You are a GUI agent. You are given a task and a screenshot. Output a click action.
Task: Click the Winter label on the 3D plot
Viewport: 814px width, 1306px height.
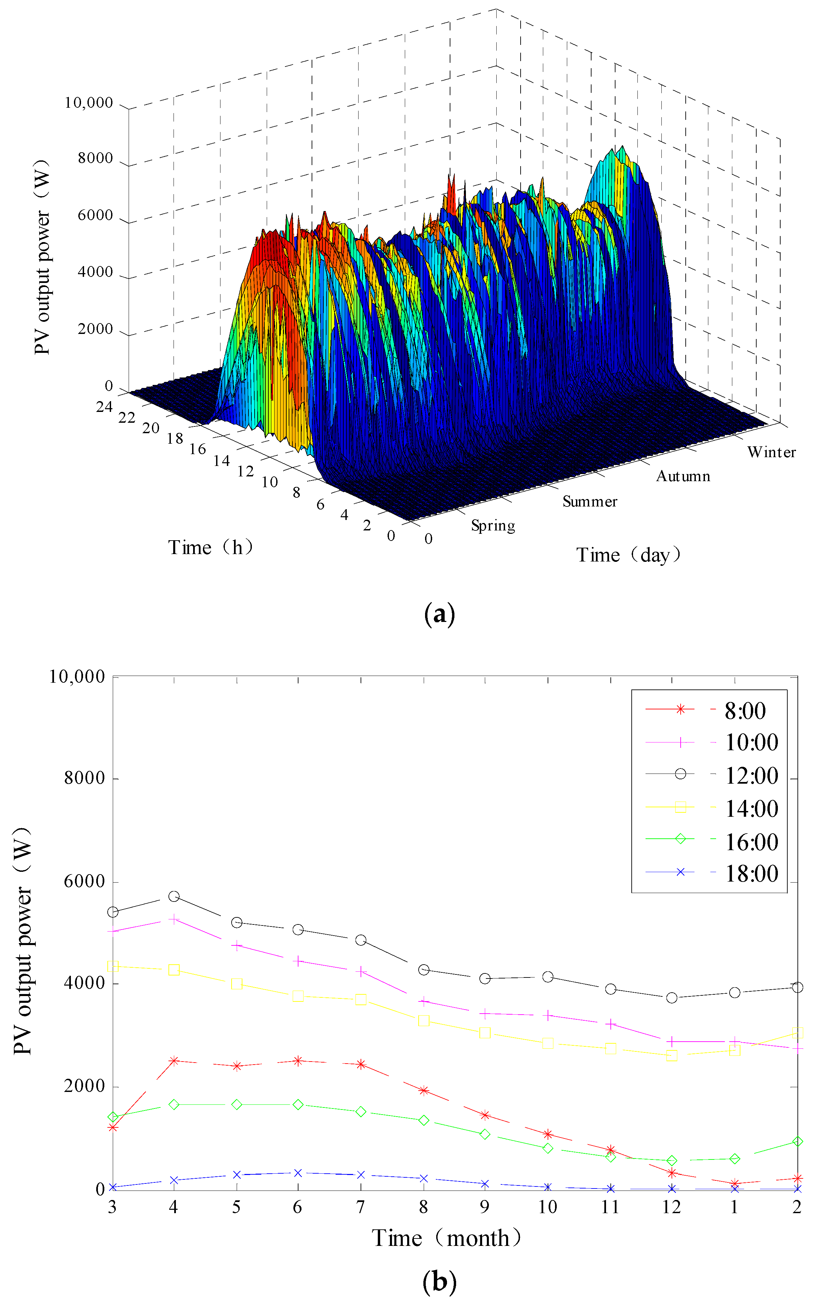pyautogui.click(x=771, y=452)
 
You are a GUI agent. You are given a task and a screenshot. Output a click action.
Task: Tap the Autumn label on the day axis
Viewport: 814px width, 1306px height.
pyautogui.click(x=683, y=476)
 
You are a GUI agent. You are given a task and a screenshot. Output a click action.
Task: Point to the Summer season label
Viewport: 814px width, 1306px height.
pyautogui.click(x=589, y=502)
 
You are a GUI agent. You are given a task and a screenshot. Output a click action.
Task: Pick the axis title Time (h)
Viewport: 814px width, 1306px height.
pyautogui.click(x=210, y=547)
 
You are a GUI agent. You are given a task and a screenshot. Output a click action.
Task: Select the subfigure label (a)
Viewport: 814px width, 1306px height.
pyautogui.click(x=439, y=614)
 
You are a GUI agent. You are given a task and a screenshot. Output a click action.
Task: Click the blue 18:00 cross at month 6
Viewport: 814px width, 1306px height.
pyautogui.click(x=298, y=1173)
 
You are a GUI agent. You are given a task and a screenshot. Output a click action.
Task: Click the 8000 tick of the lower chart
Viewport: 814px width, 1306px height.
pyautogui.click(x=84, y=778)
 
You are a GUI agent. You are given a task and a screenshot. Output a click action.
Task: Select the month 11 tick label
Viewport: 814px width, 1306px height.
pyautogui.click(x=610, y=1207)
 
